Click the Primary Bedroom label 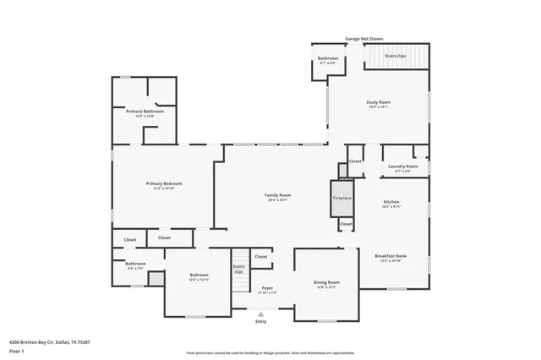click(163, 184)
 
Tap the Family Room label click(278, 195)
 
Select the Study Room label click(378, 102)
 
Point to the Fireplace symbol click(342, 199)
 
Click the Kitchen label click(391, 202)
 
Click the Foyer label click(267, 288)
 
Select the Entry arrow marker click(260, 314)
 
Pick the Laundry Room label click(403, 166)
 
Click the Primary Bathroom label click(145, 112)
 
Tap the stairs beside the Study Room click(396, 57)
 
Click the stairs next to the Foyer click(239, 267)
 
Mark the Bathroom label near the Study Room click(327, 59)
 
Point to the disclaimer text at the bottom click(270, 352)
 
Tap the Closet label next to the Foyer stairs click(260, 256)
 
